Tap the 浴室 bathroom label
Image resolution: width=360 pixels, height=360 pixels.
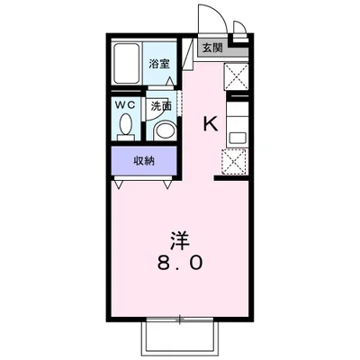point(158,64)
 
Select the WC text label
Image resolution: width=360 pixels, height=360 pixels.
point(126,104)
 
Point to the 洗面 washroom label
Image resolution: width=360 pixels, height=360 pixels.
point(160,104)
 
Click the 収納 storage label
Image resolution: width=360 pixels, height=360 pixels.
point(144,161)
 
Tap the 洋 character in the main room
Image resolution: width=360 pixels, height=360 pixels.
point(179,240)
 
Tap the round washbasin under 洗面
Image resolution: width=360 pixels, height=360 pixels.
point(163,130)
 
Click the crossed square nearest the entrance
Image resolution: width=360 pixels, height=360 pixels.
point(237,75)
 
